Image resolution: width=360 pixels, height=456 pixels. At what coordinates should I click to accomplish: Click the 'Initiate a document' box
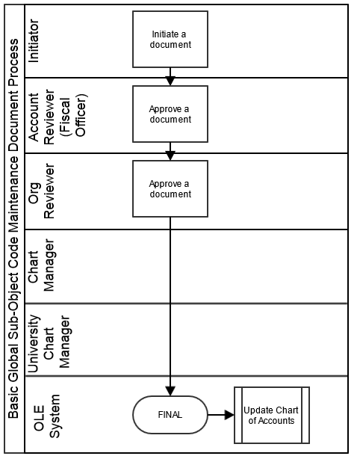(170, 40)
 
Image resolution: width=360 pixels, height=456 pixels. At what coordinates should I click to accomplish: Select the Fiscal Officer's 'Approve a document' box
(170, 114)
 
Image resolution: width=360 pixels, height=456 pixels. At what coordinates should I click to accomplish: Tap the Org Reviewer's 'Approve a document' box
(170, 188)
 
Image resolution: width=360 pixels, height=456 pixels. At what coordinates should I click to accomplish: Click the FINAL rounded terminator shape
(170, 415)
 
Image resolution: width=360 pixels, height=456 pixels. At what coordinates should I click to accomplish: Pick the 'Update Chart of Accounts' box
(272, 416)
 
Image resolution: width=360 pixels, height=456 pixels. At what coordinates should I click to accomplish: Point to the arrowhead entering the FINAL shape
(170, 391)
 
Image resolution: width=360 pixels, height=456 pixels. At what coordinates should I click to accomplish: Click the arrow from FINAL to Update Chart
(221, 415)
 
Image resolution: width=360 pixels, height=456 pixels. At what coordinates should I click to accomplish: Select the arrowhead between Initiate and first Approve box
(170, 81)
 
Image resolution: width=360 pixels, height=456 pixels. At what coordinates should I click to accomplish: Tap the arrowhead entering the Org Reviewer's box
(170, 155)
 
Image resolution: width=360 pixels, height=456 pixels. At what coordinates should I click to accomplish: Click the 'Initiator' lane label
(34, 41)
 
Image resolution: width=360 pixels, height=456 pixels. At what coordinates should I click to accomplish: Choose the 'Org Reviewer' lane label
(42, 191)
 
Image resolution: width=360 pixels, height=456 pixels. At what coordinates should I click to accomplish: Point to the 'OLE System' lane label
(46, 416)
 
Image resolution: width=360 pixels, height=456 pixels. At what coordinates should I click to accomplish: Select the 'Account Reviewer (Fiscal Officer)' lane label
(58, 117)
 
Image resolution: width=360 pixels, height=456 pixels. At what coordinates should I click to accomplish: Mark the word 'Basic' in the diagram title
(13, 403)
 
